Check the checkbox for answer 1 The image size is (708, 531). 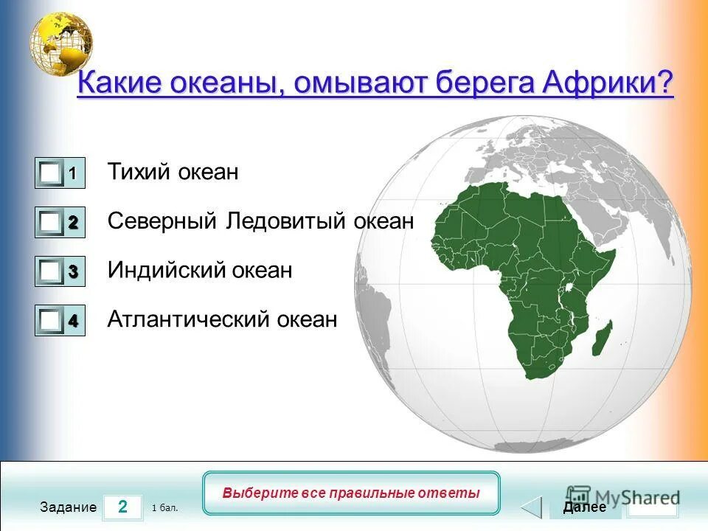coord(51,173)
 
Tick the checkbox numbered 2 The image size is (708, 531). coord(51,222)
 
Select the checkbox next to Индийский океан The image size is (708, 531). coord(51,271)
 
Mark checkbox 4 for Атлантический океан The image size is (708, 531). coord(51,321)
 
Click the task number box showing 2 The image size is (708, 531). coord(122,507)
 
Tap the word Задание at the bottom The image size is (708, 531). coord(69,507)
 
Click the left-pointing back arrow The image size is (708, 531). coord(532,507)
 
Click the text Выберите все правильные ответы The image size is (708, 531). coord(351,493)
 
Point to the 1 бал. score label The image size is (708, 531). coord(164,508)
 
